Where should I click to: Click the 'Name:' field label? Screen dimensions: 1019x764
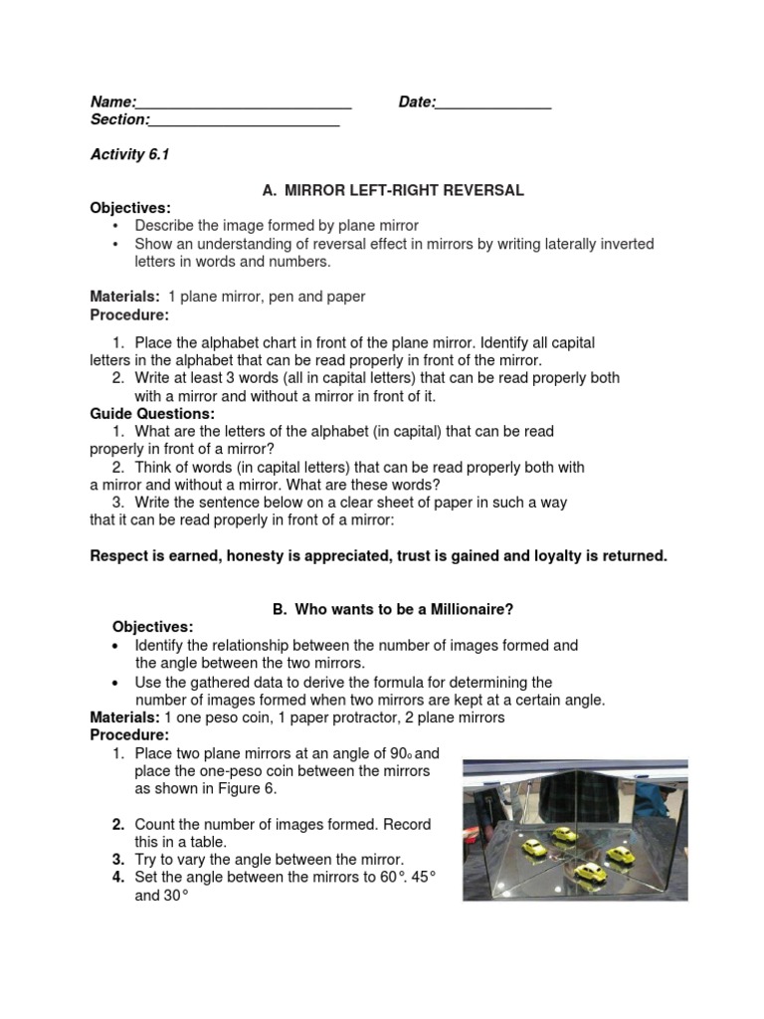(112, 102)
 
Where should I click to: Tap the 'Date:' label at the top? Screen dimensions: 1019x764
(417, 102)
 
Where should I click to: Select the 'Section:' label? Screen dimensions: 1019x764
(119, 120)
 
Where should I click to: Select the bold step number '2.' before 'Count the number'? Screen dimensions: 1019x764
(118, 825)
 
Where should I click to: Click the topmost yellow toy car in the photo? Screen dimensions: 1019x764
(564, 834)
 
